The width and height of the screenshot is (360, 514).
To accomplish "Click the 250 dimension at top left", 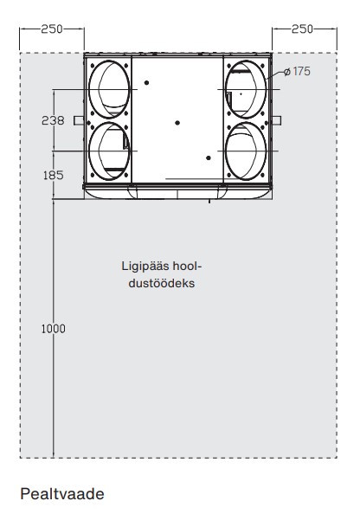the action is click(52, 29).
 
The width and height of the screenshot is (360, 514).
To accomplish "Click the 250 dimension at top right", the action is click(302, 29).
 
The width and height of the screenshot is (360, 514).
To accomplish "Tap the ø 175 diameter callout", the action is click(297, 71).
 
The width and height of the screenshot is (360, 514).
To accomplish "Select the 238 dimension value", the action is click(53, 120).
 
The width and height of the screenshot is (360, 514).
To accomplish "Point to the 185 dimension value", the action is click(53, 175).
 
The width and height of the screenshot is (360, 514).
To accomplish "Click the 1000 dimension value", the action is click(53, 329).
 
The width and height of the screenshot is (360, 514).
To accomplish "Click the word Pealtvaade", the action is click(62, 494).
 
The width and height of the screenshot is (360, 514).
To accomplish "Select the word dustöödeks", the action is click(162, 283).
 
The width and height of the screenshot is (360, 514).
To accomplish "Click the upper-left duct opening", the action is click(89, 89).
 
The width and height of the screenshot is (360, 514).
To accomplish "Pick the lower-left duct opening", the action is click(89, 151).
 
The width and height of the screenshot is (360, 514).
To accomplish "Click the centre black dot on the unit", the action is click(177, 123).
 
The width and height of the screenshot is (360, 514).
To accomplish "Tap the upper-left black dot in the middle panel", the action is click(146, 82).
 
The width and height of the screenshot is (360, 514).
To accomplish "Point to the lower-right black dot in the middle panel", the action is click(209, 158).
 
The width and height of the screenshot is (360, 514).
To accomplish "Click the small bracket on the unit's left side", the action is click(79, 120).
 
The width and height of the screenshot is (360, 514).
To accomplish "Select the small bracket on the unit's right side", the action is click(276, 120).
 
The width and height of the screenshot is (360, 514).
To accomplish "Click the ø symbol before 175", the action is click(287, 72).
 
